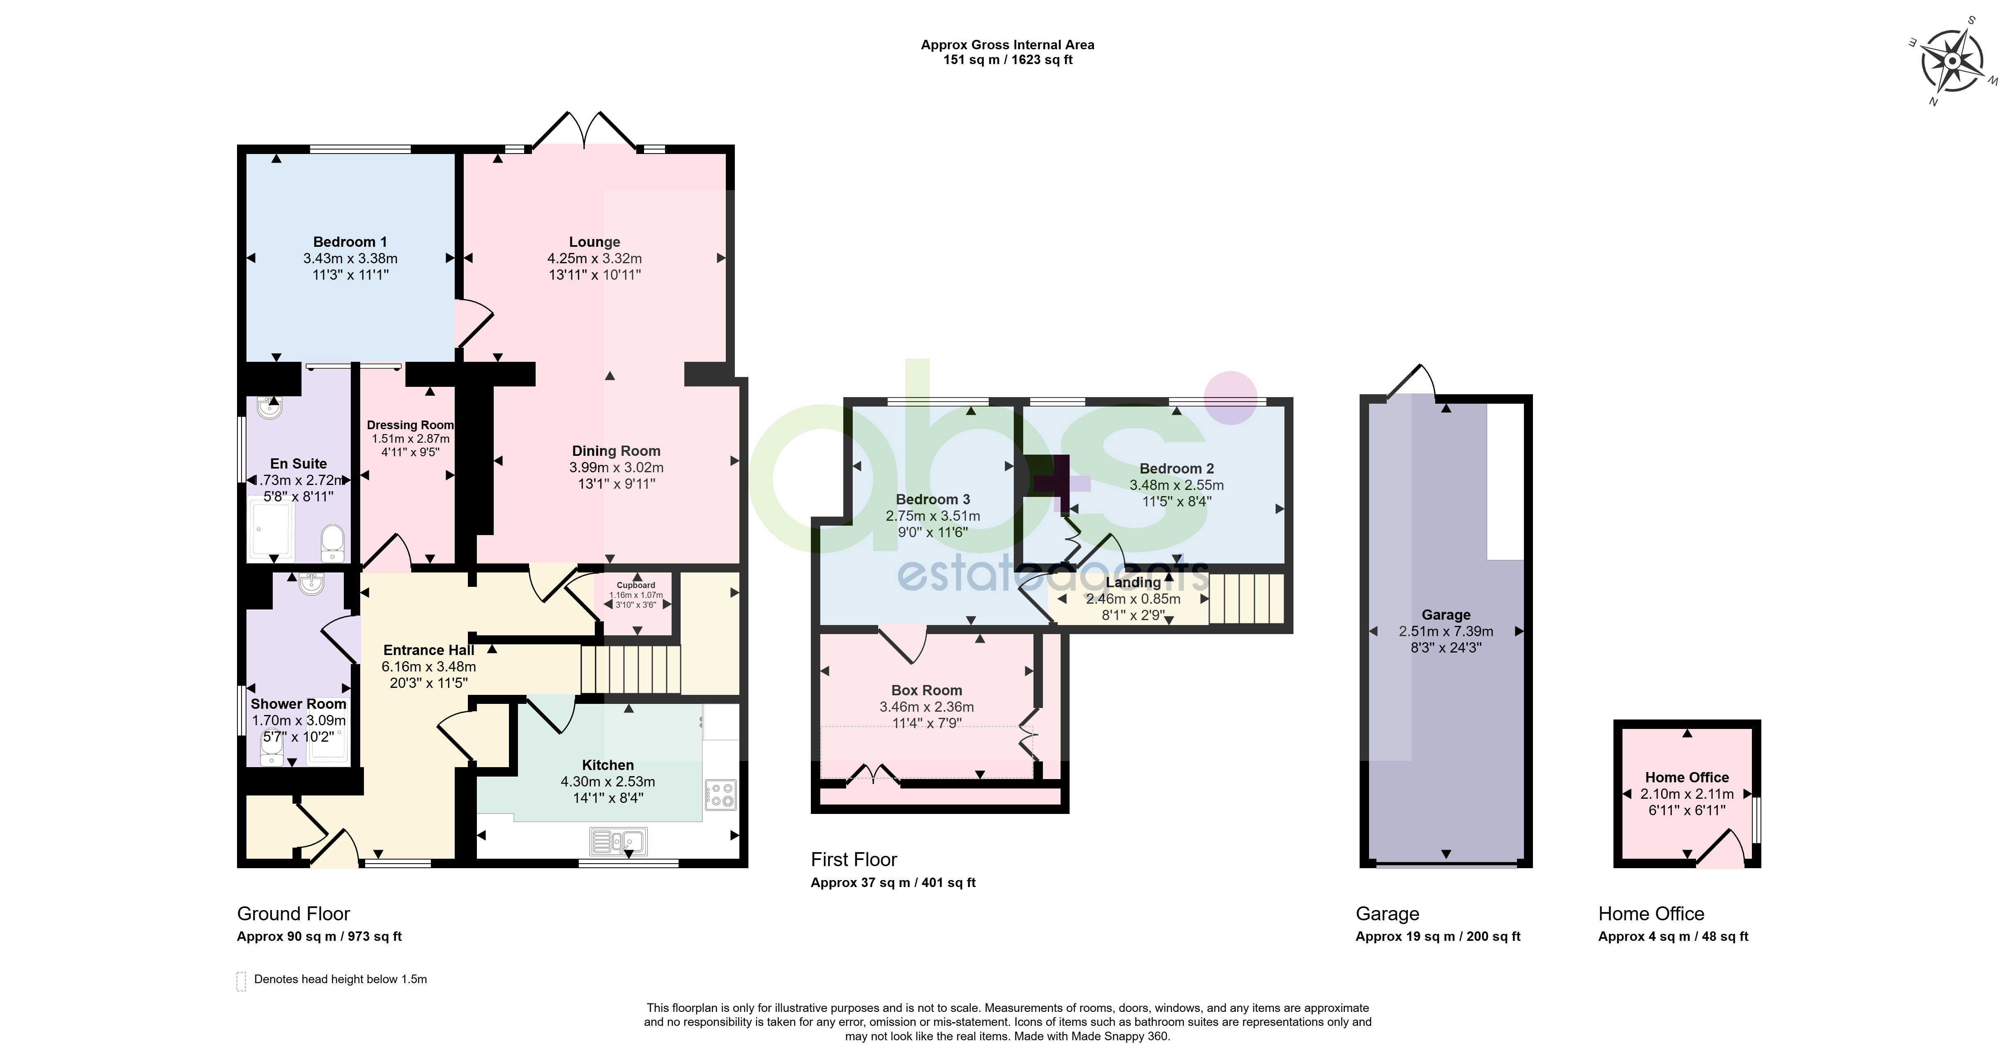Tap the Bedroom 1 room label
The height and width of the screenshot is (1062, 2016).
pyautogui.click(x=350, y=242)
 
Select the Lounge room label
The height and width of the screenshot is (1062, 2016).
pyautogui.click(x=595, y=242)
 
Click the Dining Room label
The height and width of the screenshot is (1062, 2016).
pyautogui.click(x=616, y=451)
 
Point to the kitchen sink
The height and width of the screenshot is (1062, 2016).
pyautogui.click(x=617, y=841)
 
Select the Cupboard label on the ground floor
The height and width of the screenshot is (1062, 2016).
pyautogui.click(x=635, y=585)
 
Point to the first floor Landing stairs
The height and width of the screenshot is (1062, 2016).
pyautogui.click(x=1247, y=599)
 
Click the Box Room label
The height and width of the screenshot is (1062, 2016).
pyautogui.click(x=927, y=690)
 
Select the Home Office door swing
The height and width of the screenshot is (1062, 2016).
pyautogui.click(x=1722, y=849)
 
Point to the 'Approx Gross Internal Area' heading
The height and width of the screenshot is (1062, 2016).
pyautogui.click(x=1007, y=45)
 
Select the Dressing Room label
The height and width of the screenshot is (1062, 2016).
pyautogui.click(x=410, y=425)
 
